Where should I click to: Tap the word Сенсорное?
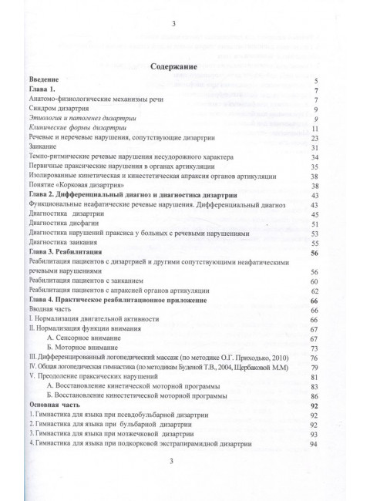[x=79, y=338]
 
